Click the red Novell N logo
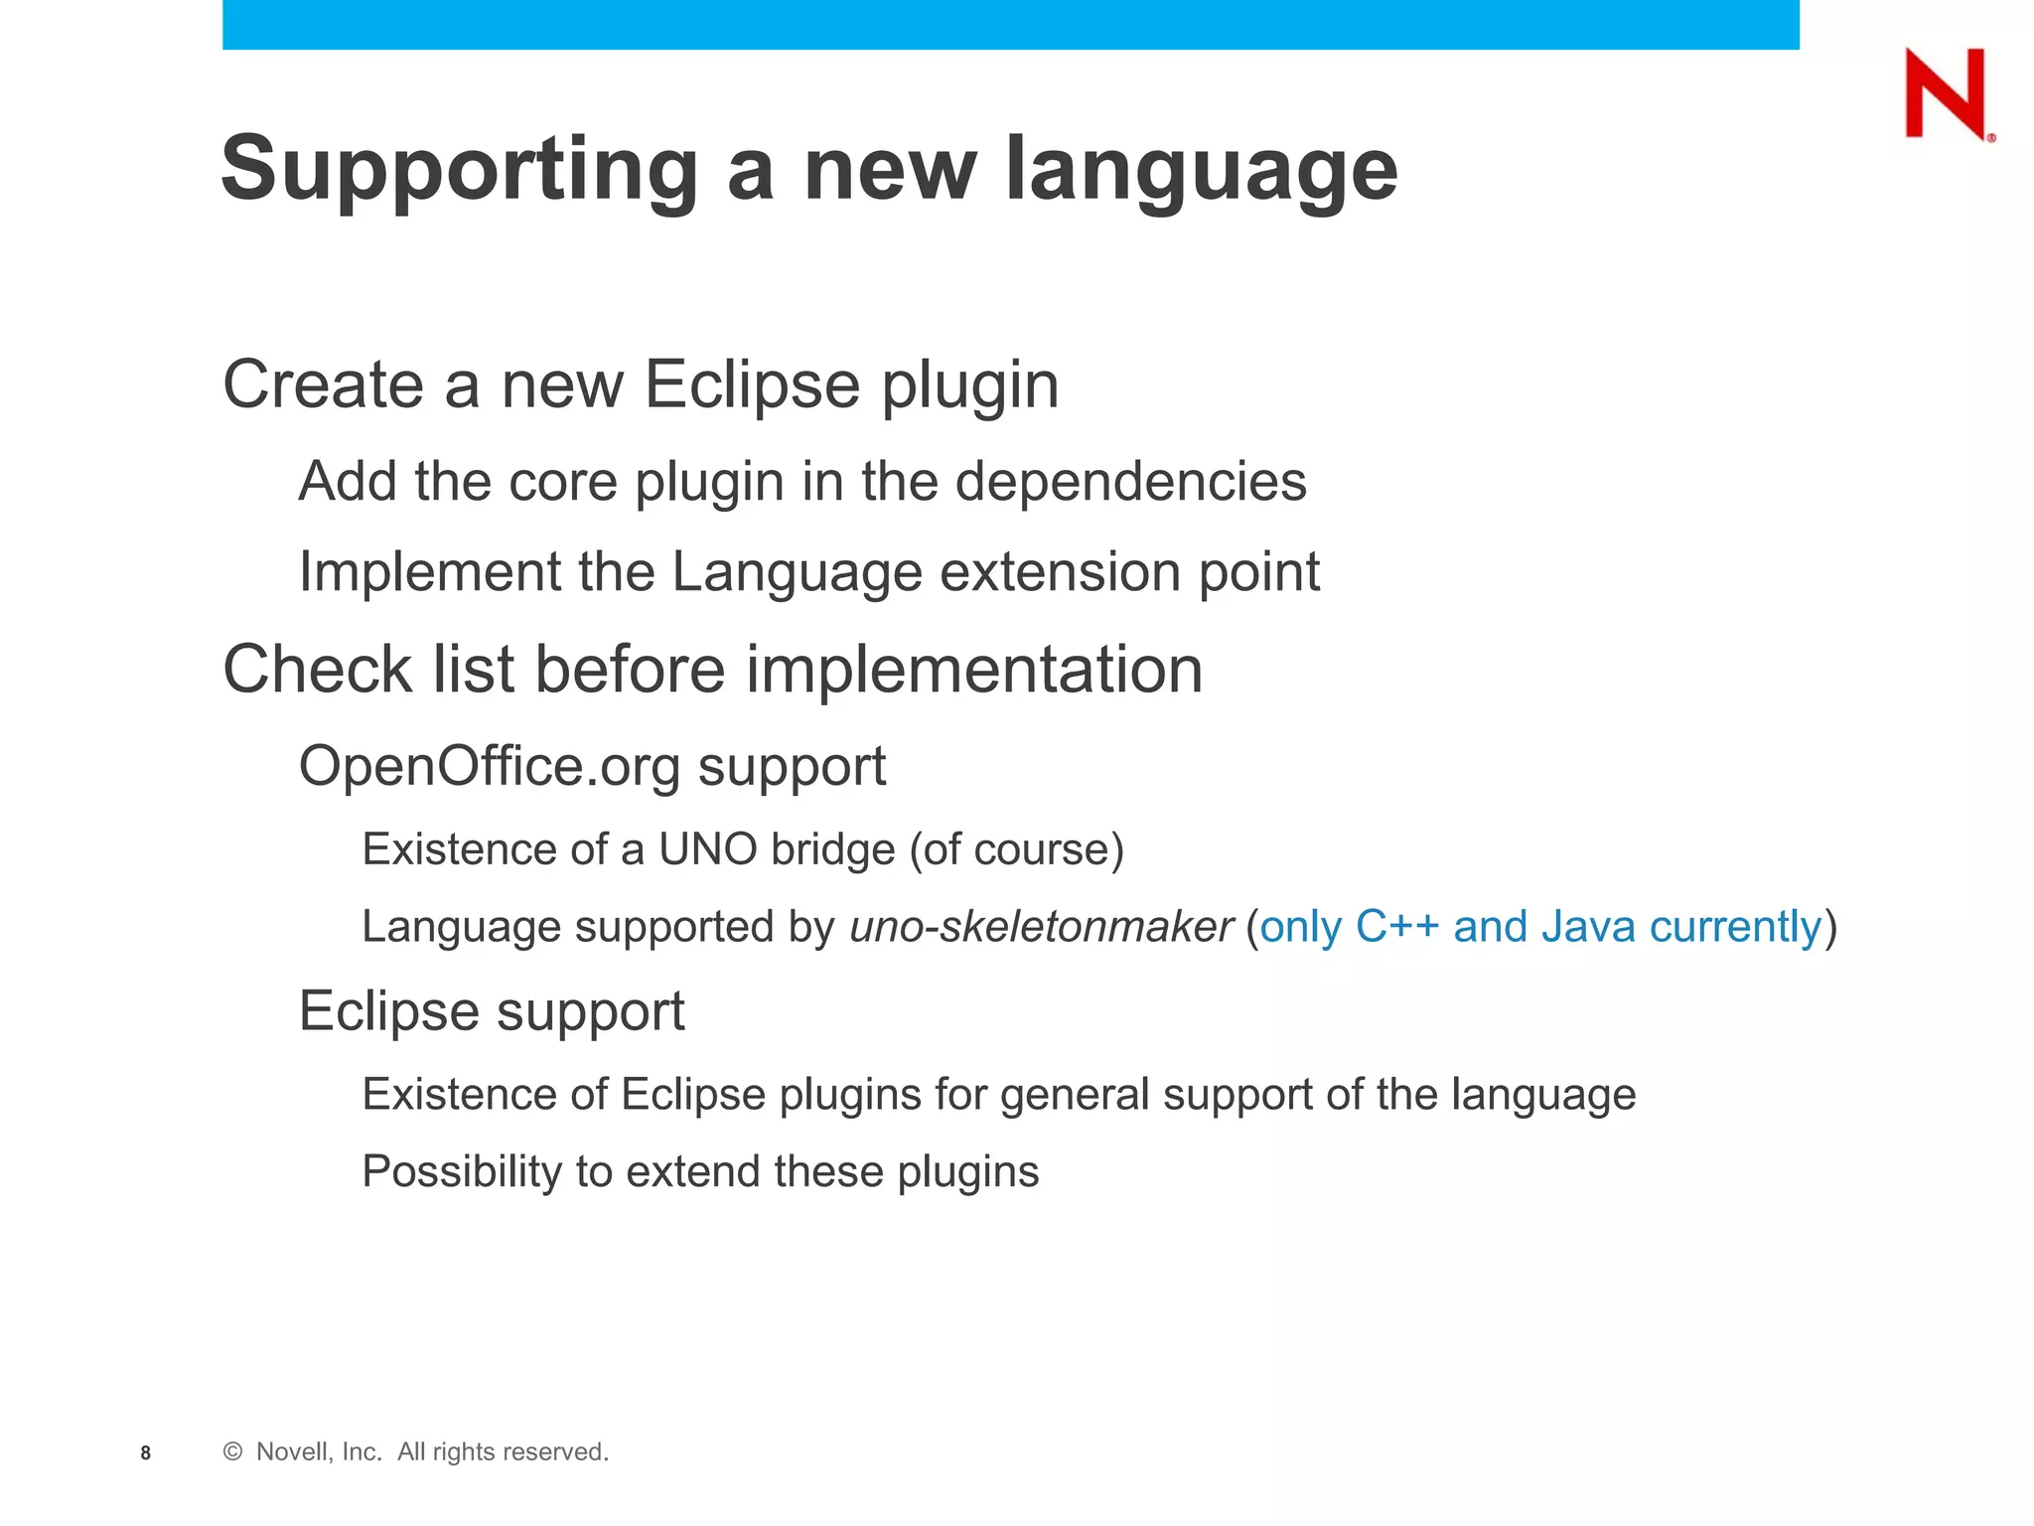tap(1946, 93)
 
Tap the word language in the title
tap(1201, 169)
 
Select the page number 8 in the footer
tap(146, 1452)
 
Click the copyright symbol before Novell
tap(232, 1451)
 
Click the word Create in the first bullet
tap(323, 384)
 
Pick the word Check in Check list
tap(317, 669)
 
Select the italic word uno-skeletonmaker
tap(1041, 927)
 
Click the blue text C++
tap(1396, 926)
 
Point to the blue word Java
tap(1588, 926)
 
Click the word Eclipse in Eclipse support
tap(389, 1011)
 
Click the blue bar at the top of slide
tap(1010, 24)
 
